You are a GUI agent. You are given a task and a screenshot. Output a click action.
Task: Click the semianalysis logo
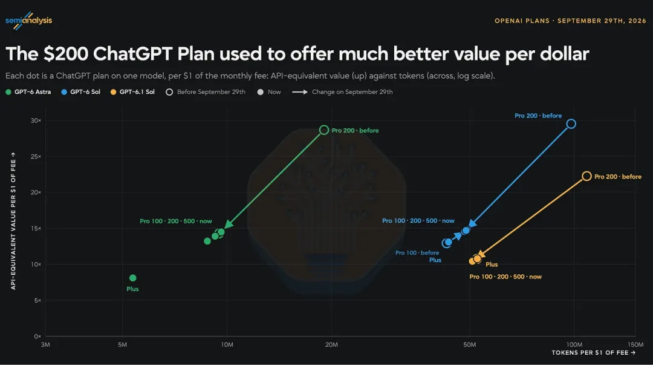(x=29, y=21)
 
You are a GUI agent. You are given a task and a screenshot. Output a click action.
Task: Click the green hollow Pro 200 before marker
(x=324, y=125)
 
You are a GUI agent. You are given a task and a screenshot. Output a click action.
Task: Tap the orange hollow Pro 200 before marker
(x=586, y=171)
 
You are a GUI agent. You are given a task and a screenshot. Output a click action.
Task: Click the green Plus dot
(x=133, y=278)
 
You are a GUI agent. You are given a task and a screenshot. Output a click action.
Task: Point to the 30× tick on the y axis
(x=36, y=120)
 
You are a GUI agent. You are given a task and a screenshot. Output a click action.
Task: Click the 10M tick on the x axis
(x=227, y=344)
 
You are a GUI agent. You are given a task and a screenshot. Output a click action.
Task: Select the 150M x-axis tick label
(x=635, y=344)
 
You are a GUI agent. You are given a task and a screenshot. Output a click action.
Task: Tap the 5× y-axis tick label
(x=37, y=300)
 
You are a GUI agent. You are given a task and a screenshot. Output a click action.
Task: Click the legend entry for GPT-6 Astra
(x=28, y=92)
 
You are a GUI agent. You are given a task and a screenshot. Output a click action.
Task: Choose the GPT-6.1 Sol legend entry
(x=132, y=92)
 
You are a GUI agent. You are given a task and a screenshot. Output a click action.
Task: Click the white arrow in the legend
(x=300, y=92)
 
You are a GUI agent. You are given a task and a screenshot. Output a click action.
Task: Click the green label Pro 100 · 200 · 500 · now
(x=176, y=221)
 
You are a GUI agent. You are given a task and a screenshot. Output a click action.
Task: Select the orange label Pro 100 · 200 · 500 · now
(x=505, y=277)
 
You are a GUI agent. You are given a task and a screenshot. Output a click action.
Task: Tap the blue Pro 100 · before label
(x=417, y=253)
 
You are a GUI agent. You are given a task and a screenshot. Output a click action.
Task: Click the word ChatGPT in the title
(x=133, y=54)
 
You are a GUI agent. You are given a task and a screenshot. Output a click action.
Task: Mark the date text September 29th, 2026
(x=602, y=21)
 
